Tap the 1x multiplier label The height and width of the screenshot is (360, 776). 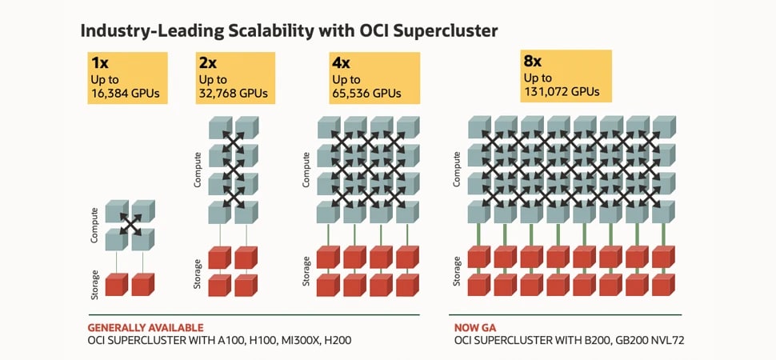pos(101,63)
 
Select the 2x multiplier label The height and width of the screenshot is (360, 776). pos(207,63)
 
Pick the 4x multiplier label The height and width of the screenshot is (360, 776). pos(342,63)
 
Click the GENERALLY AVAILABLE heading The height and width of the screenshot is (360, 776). pos(145,327)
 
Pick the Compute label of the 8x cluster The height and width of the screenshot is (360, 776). pos(457,170)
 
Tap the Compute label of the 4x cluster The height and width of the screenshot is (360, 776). pos(307,170)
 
